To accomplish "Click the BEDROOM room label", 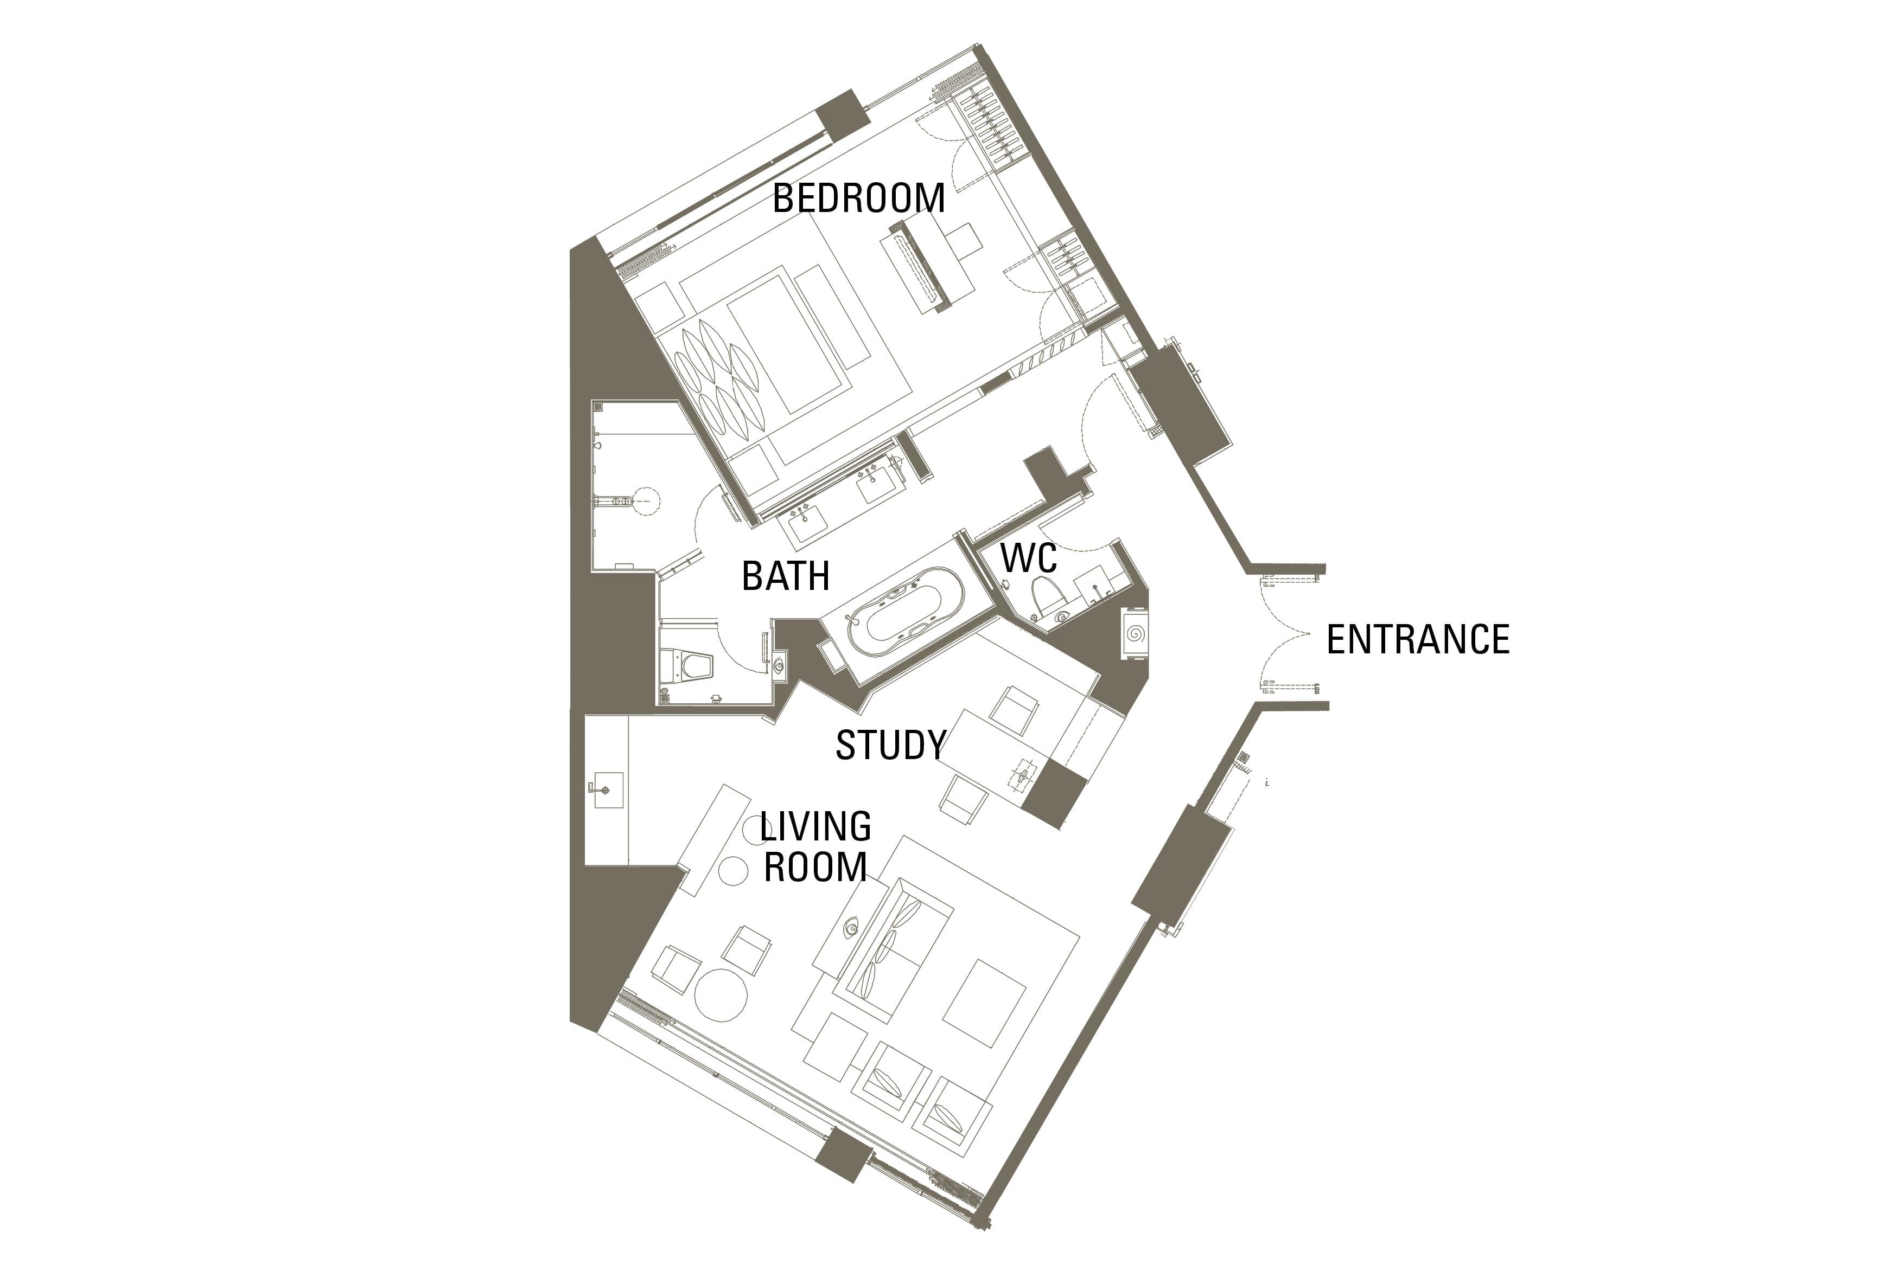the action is [x=859, y=198].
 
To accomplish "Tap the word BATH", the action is [x=785, y=576].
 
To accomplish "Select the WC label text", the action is [x=1028, y=558].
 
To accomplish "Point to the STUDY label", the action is [x=891, y=744].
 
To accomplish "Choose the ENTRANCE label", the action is [x=1418, y=640].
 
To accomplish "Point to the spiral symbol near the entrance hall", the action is [x=1135, y=633].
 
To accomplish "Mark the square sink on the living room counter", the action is [x=606, y=790].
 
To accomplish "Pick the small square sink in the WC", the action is [x=1091, y=582].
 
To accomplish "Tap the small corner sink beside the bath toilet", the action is [x=779, y=666].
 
